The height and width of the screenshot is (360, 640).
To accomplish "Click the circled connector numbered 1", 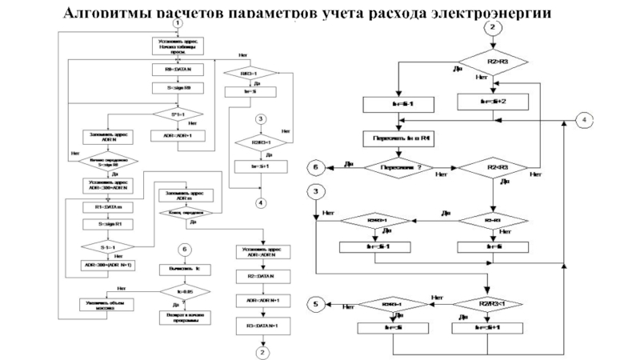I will pos(175,24).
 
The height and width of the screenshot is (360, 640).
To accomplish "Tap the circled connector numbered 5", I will pos(316,304).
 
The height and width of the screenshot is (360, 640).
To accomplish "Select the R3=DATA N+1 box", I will pos(261,326).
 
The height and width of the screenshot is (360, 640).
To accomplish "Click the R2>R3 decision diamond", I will pos(494,60).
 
